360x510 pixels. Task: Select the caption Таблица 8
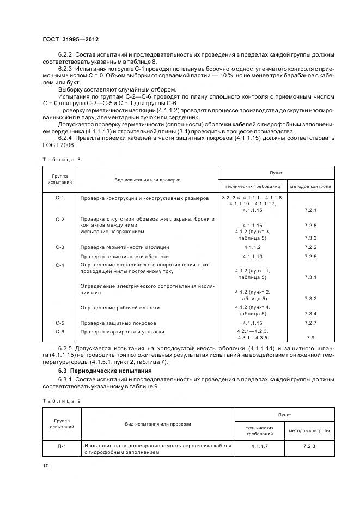(57, 159)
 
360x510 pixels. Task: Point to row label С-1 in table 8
(60, 198)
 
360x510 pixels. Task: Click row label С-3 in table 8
(60, 247)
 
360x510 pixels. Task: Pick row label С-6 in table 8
(60, 331)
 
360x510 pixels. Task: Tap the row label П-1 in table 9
(60, 446)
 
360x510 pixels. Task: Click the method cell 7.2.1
(310, 210)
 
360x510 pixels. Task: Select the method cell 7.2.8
(310, 225)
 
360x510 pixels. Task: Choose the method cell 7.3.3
(310, 238)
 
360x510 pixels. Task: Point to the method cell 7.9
(310, 338)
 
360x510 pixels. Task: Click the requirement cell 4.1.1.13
(253, 256)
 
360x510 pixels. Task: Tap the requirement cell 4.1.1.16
(253, 225)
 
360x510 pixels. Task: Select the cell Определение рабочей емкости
(117, 308)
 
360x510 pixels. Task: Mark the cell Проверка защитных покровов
(118, 323)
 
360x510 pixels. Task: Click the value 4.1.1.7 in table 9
(253, 446)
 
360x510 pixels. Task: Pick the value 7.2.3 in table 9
(310, 446)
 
